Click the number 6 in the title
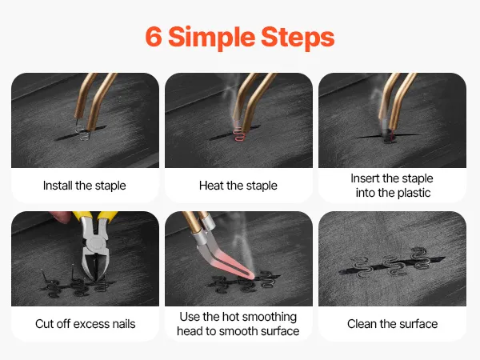[154, 37]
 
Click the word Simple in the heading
[211, 38]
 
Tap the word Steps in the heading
[298, 38]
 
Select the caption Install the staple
[85, 186]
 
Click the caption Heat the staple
[238, 186]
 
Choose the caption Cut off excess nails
[85, 324]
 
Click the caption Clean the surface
[393, 324]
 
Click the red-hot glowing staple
[239, 134]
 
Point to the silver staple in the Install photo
[83, 132]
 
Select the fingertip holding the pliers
[61, 217]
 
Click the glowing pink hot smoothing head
[233, 262]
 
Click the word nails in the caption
[124, 324]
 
